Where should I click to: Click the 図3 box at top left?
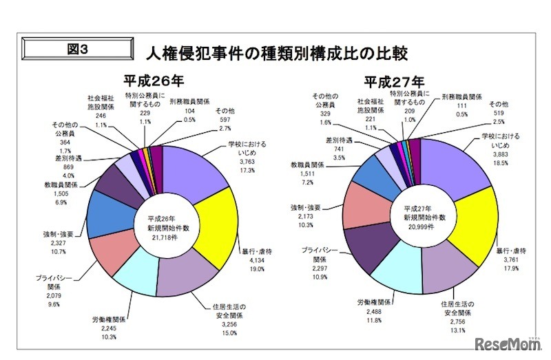point(77,49)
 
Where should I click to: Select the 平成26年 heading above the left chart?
point(154,80)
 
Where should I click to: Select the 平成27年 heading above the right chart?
point(395,80)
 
